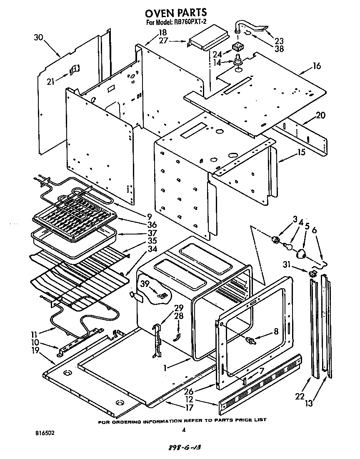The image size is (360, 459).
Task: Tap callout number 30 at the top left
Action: point(38,37)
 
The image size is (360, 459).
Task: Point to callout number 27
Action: point(164,40)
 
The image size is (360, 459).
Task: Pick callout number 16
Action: point(317,66)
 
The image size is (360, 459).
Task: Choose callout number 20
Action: point(320,115)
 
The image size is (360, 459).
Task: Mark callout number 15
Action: point(300,152)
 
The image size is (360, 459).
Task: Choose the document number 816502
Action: point(44,433)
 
